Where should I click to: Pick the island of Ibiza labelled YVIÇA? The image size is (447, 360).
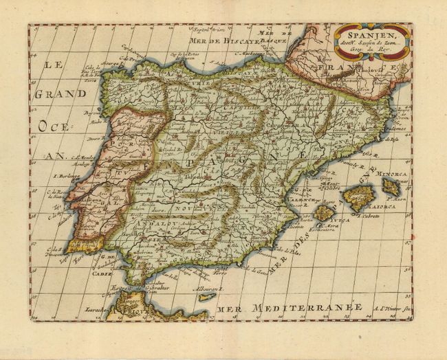coord(323,214)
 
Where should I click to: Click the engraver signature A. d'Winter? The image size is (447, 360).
coord(393,311)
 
